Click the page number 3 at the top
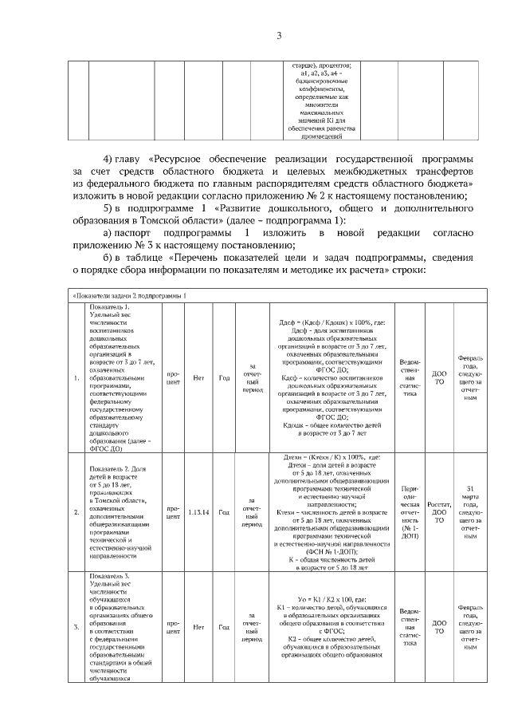[279, 35]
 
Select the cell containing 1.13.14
[199, 512]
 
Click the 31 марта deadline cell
[470, 512]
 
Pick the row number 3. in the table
[76, 628]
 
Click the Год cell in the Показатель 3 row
[224, 628]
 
